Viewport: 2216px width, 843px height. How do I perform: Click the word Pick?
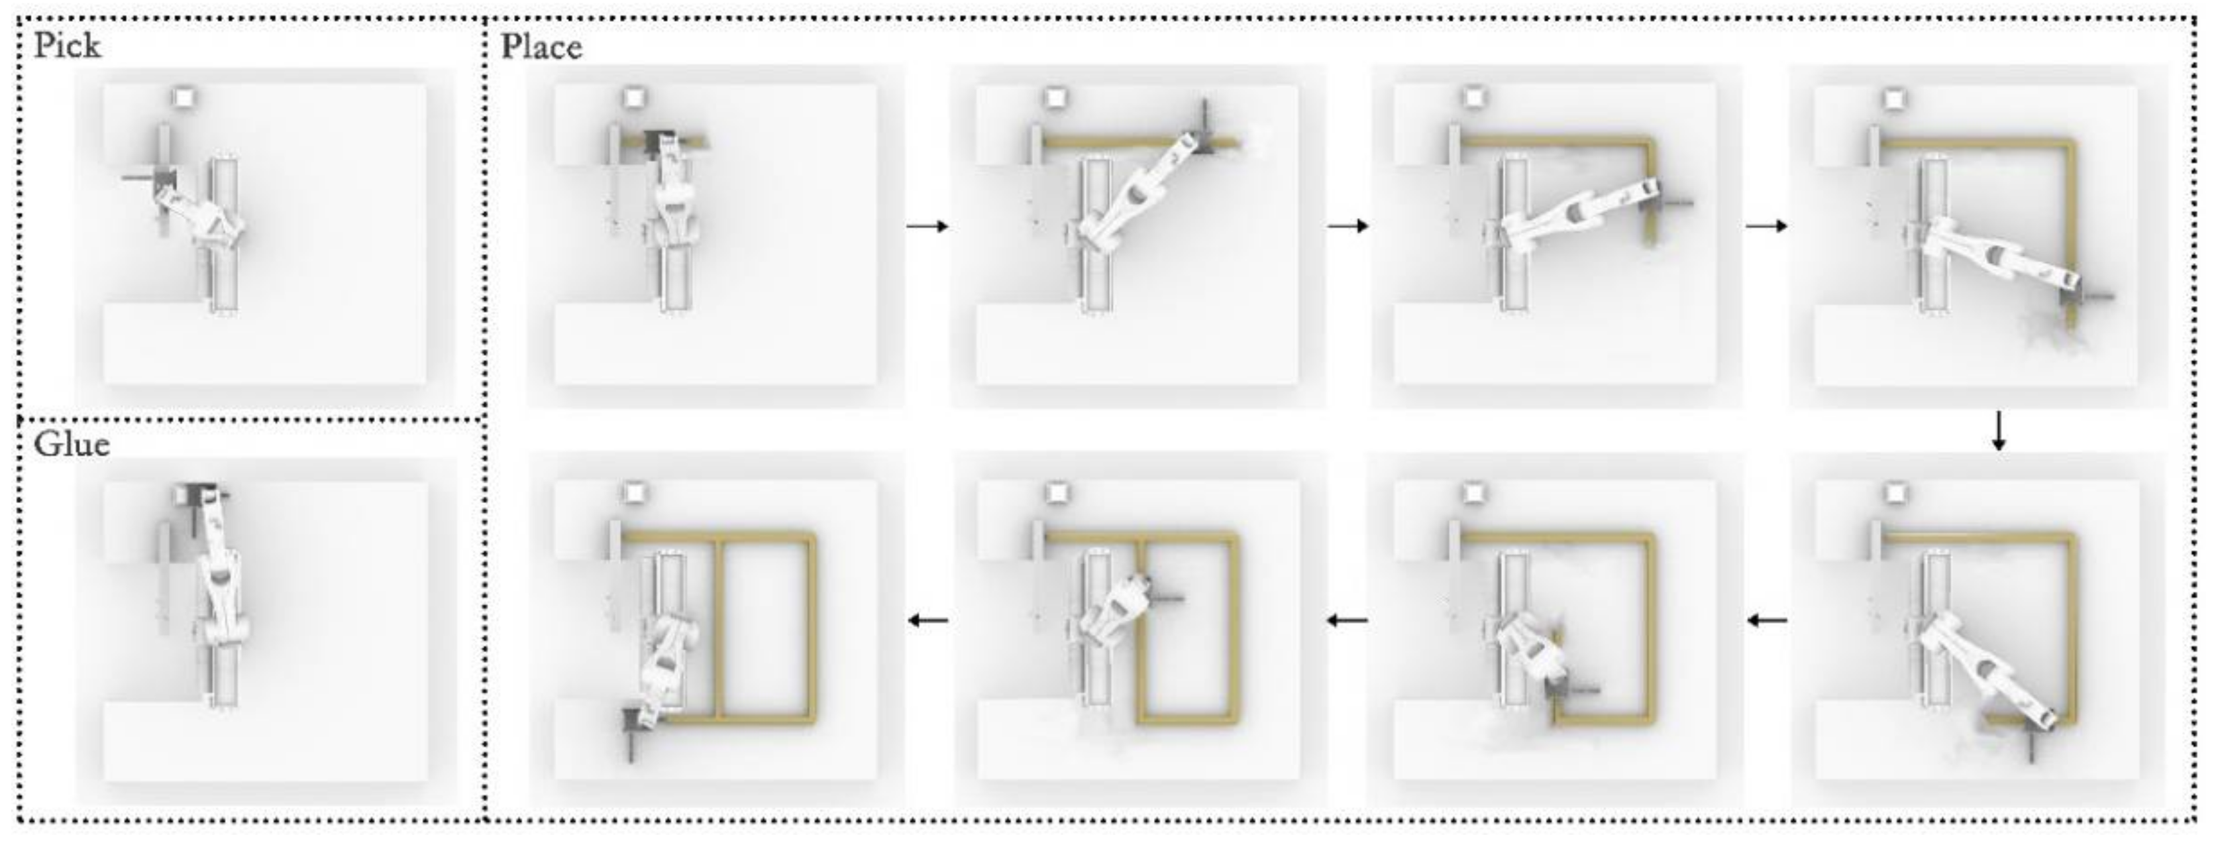click(x=67, y=46)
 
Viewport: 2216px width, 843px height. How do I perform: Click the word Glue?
click(x=72, y=445)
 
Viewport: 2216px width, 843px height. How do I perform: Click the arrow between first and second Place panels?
click(x=927, y=226)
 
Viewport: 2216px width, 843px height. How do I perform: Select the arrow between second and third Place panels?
click(x=1347, y=226)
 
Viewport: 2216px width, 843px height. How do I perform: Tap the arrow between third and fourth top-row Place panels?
click(x=1766, y=226)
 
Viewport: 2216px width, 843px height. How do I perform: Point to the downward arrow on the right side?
click(x=1998, y=431)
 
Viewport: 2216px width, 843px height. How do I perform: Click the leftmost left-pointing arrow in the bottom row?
click(x=929, y=620)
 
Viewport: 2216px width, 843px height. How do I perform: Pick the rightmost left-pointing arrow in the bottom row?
click(x=1767, y=620)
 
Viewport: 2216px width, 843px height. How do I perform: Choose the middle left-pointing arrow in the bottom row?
click(x=1347, y=620)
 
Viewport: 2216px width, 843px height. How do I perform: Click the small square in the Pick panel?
click(x=184, y=97)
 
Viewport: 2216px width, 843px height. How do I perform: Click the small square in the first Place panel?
click(x=634, y=97)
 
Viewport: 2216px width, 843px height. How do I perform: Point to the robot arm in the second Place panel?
click(x=1135, y=198)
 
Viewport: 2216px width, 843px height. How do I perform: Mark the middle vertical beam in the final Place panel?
click(x=719, y=628)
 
